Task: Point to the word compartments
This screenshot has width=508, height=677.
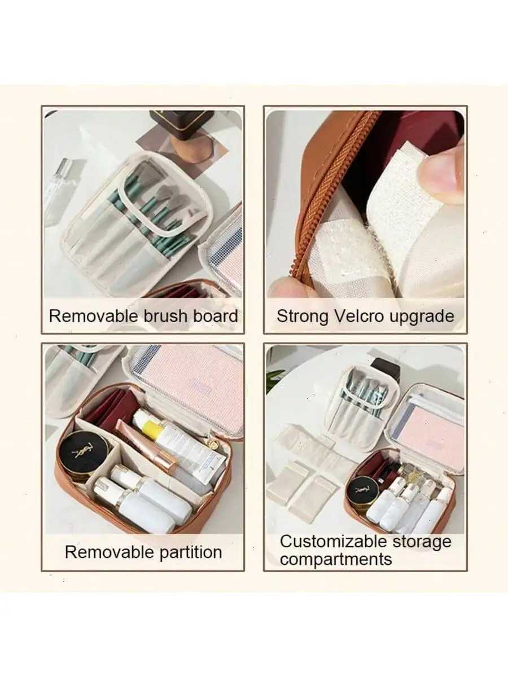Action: [336, 560]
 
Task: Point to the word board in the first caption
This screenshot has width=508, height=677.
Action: [216, 316]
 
